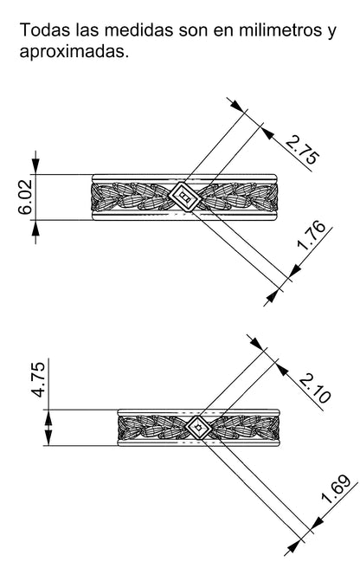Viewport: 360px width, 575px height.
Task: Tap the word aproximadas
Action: [x=74, y=51]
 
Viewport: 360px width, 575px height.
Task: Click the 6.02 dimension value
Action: [x=26, y=197]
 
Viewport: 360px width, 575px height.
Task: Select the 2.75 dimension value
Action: [x=302, y=150]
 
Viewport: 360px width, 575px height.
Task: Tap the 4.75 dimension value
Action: [x=38, y=379]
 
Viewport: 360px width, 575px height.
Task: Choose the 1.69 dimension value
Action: [x=336, y=489]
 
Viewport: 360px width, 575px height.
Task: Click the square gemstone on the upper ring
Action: [x=185, y=197]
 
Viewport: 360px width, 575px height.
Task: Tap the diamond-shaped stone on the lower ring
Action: [x=199, y=427]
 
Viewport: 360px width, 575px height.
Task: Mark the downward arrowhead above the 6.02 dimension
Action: [x=35, y=165]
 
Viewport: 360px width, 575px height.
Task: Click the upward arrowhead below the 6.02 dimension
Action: [x=35, y=229]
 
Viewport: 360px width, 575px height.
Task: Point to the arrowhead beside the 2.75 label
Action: [x=268, y=133]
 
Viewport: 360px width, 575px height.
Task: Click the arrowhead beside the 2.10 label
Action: [x=281, y=369]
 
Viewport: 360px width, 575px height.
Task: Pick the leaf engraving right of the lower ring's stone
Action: [x=246, y=427]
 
